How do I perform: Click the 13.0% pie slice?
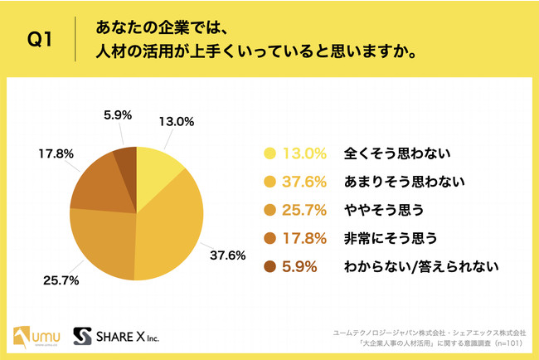157,169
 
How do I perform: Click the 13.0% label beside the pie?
176,121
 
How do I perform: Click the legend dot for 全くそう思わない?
269,153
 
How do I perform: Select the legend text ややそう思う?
376,210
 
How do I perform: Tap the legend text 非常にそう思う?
384,238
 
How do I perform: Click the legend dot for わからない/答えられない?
269,267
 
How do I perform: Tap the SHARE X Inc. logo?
116,336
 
